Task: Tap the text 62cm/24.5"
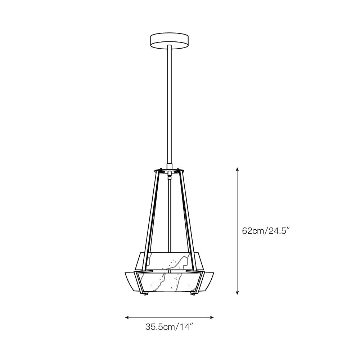click(x=266, y=231)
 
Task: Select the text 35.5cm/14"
click(x=170, y=327)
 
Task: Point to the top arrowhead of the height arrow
click(x=237, y=170)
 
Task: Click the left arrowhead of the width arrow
click(x=127, y=318)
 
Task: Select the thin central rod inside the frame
click(x=169, y=216)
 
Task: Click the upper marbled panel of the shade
click(x=169, y=261)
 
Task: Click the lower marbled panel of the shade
click(x=169, y=283)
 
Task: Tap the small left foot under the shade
click(x=146, y=295)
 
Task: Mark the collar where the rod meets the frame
click(x=169, y=166)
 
